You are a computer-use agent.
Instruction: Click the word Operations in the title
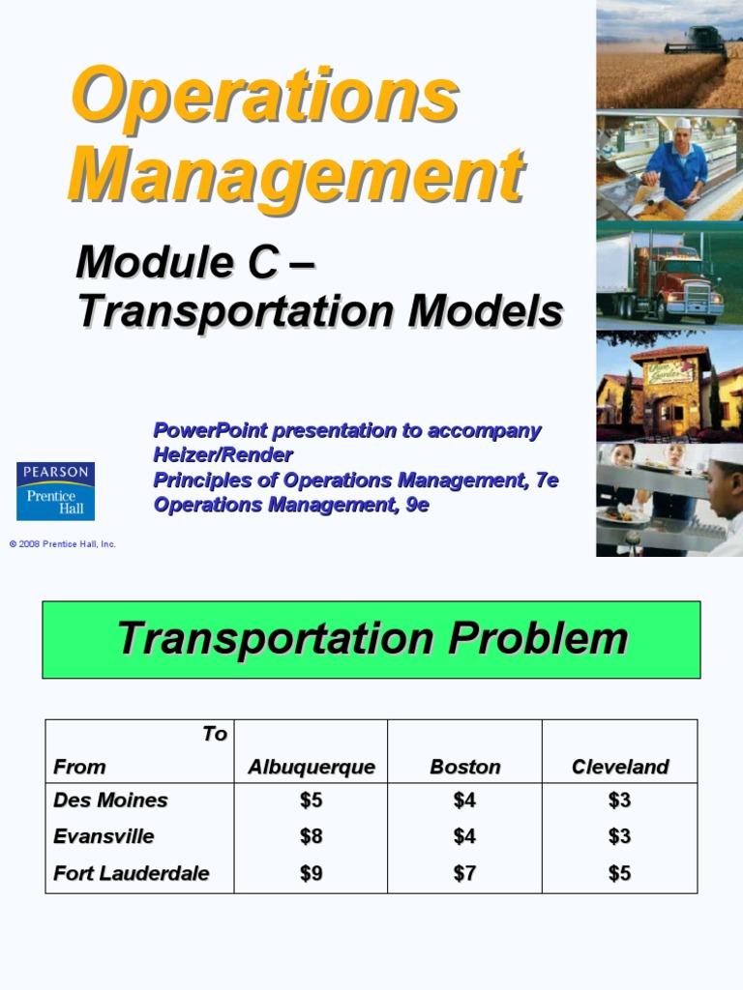tap(263, 95)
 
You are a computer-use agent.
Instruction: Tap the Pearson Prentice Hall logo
tap(55, 490)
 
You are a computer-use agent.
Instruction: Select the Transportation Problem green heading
tap(371, 639)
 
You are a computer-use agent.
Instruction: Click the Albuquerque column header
tap(311, 767)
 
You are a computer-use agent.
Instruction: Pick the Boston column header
tap(465, 767)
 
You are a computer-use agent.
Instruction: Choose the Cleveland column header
tap(620, 767)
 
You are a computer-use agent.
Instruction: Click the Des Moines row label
tap(110, 800)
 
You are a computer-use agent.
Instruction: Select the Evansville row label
tap(104, 835)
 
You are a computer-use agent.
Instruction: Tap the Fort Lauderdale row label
tap(131, 873)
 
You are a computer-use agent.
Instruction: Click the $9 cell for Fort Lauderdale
tap(311, 873)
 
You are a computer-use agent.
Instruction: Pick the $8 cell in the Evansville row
tap(311, 835)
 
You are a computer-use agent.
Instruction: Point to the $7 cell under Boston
tap(465, 873)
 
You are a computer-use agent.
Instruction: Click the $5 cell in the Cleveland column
tap(620, 873)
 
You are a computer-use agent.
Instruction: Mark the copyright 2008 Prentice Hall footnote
tap(63, 544)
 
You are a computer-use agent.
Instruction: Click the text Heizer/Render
tap(223, 454)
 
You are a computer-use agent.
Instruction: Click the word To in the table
tap(215, 734)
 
